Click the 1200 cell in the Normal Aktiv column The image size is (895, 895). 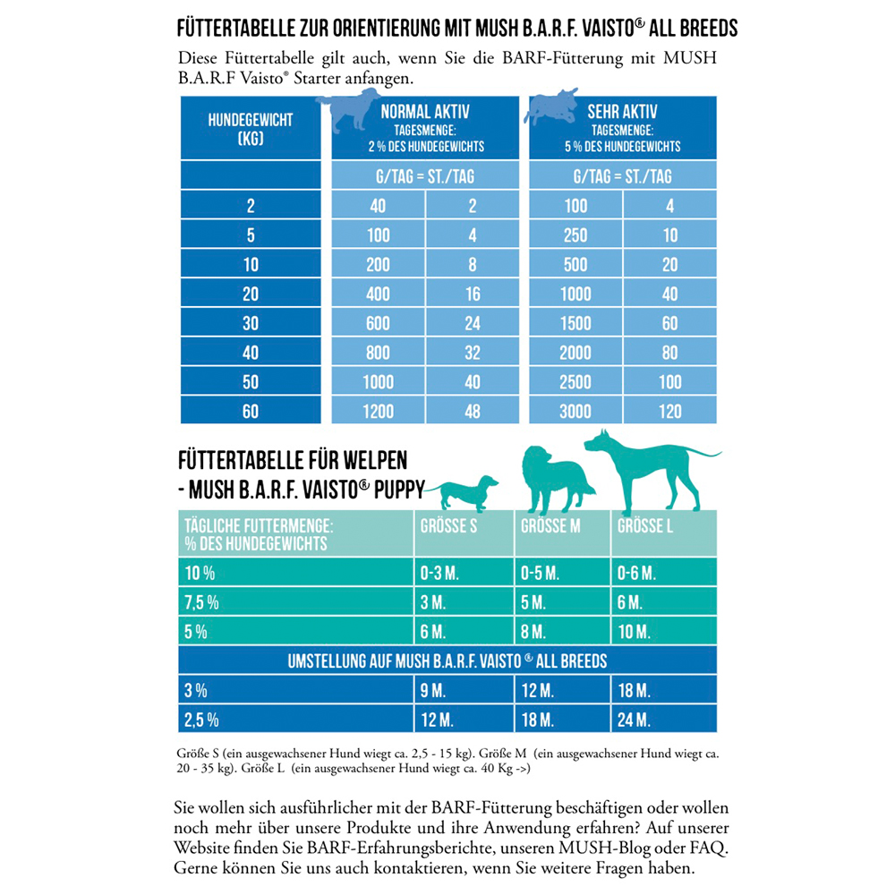click(378, 411)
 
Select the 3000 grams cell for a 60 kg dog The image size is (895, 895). click(575, 411)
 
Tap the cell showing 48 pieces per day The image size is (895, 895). click(473, 411)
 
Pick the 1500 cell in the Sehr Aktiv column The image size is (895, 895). click(575, 323)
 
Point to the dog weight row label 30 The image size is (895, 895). click(251, 323)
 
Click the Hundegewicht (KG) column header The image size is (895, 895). click(251, 129)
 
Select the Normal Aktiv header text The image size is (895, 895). click(425, 113)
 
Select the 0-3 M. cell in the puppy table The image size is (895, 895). click(439, 573)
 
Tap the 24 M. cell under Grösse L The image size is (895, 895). click(634, 720)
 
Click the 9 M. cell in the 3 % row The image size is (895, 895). click(432, 691)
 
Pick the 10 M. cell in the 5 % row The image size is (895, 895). click(634, 632)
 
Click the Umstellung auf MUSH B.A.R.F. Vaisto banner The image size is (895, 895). click(447, 662)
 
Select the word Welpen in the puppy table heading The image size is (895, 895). click(375, 461)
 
